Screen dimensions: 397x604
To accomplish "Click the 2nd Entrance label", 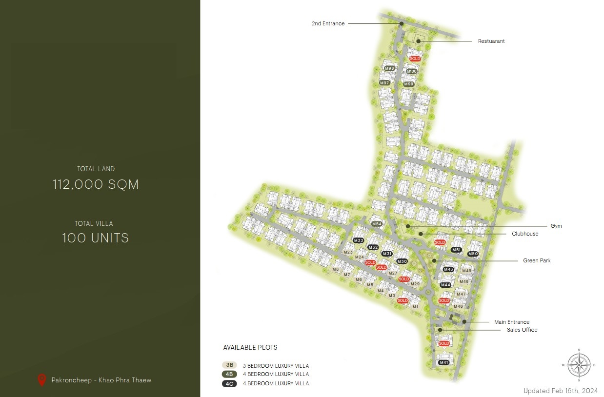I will point(328,23).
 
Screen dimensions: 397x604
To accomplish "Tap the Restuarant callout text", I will point(491,41).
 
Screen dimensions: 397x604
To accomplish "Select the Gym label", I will point(556,226).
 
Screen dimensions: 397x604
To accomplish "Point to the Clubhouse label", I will point(525,234).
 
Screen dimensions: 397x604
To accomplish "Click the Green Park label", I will point(537,261).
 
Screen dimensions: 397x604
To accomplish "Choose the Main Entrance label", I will point(511,322).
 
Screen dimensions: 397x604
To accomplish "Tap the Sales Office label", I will point(522,330).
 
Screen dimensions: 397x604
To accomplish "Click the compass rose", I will point(579,365).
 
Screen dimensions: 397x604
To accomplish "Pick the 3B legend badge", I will point(229,365).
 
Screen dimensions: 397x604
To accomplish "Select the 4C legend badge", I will point(229,383).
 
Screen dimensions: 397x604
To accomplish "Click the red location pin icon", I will point(42,379).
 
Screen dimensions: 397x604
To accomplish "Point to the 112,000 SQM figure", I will point(96,184).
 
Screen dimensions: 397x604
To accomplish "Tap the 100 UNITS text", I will point(96,238).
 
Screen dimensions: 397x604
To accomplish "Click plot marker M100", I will point(412,72).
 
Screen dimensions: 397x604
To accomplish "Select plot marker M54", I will point(376,224).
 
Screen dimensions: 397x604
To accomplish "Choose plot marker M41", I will point(444,362).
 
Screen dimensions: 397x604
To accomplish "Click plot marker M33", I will point(359,241).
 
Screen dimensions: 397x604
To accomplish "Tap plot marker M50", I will point(473,254).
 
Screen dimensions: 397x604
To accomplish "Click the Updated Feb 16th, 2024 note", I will point(560,391).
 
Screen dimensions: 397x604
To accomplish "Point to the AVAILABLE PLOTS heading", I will point(250,348).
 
